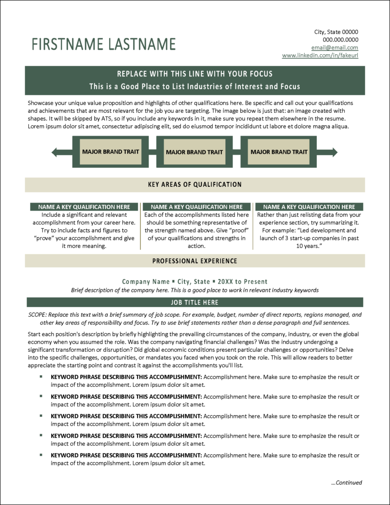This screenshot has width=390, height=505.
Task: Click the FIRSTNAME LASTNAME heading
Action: point(103,44)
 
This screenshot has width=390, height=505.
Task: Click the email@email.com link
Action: point(335,48)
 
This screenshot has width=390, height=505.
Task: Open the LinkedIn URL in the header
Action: point(320,56)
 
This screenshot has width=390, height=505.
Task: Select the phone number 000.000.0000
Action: point(340,40)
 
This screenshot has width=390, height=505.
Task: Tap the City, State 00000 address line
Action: point(336,32)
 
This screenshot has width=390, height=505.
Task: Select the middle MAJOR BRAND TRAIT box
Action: point(195,152)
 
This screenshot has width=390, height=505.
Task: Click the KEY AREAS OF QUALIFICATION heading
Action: point(195,184)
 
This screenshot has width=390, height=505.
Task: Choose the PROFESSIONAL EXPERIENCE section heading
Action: point(195,261)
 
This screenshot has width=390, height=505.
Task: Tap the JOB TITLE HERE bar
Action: point(195,303)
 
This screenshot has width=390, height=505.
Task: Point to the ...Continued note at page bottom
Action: point(346,483)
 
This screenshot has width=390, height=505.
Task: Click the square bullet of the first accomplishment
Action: point(41,377)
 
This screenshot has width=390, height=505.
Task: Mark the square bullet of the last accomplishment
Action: point(41,455)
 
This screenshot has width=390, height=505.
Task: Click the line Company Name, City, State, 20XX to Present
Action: point(195,282)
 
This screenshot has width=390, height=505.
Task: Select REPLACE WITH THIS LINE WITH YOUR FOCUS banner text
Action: point(195,74)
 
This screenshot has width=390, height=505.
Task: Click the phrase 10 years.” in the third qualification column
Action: point(309,246)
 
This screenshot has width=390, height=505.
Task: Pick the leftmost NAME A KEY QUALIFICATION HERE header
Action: point(80,207)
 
